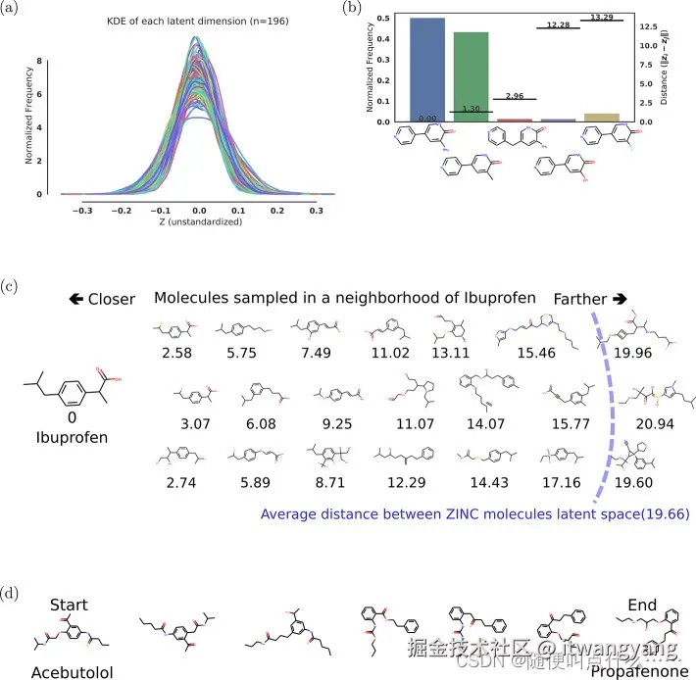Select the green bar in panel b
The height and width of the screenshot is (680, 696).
(471, 76)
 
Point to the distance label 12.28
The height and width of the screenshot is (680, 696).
(558, 24)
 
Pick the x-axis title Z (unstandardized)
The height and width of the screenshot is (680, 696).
(196, 221)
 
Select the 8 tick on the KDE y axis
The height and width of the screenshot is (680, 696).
(38, 61)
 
